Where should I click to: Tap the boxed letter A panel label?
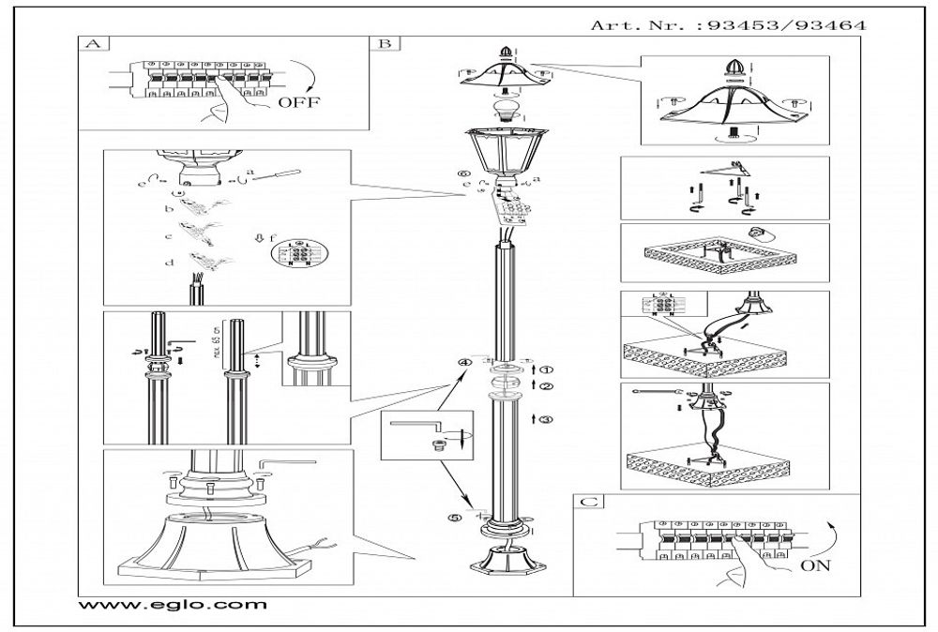pos(90,44)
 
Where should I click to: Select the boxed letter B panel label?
pos(386,44)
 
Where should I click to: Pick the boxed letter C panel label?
pos(587,503)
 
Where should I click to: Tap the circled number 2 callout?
pos(548,385)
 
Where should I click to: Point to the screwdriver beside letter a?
pos(279,174)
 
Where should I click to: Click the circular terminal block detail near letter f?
pos(296,254)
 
